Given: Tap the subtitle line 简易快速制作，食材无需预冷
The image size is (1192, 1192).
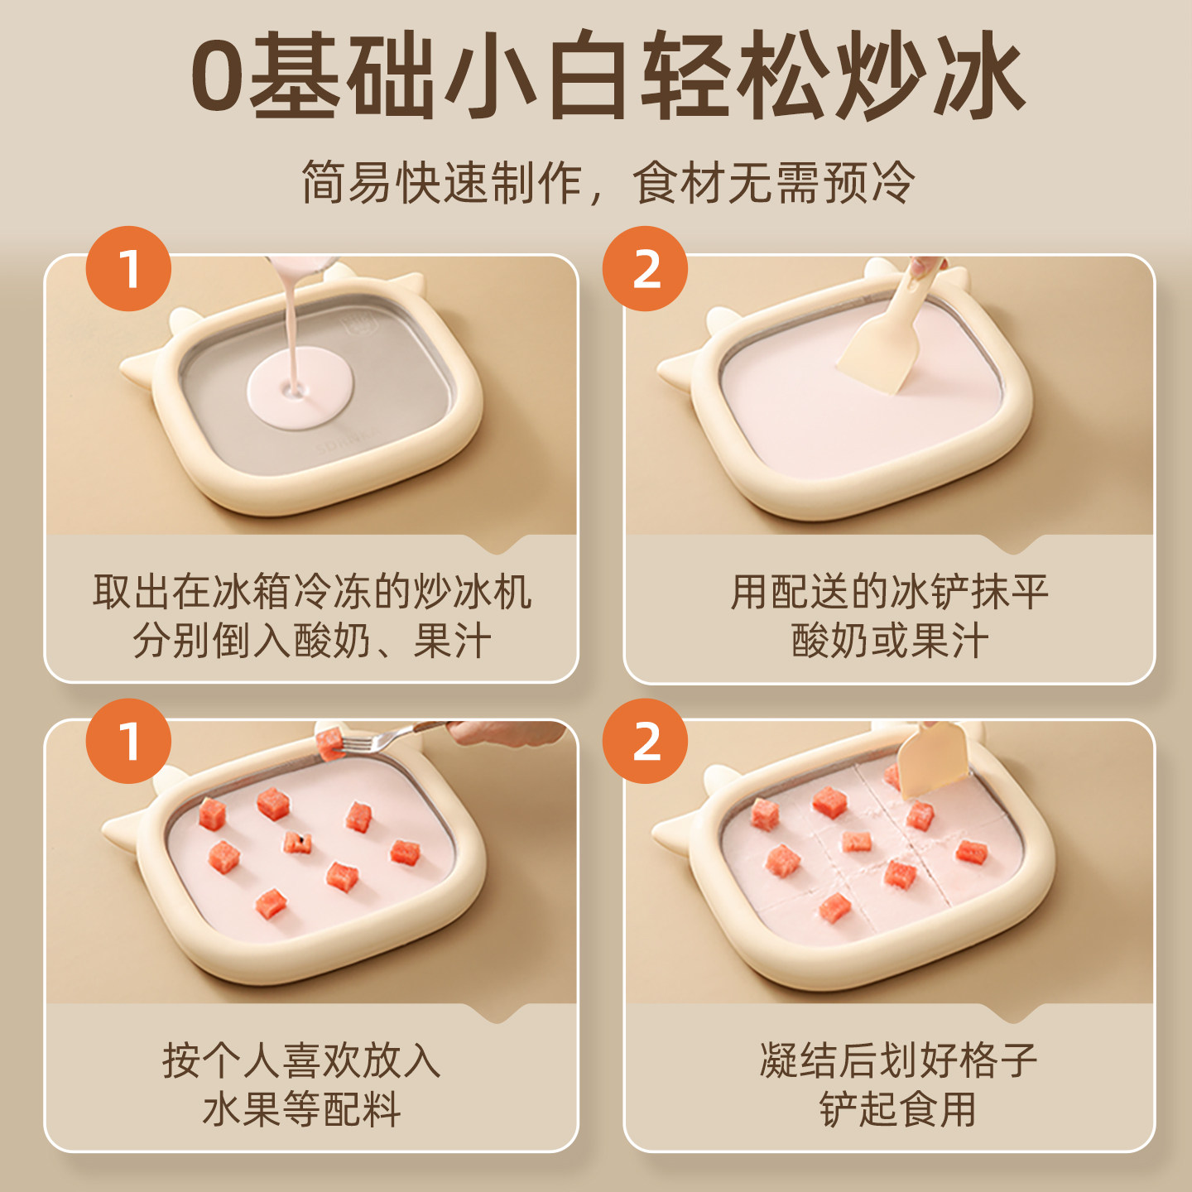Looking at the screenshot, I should pyautogui.click(x=608, y=182).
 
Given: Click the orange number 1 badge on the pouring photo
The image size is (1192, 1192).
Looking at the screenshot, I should pyautogui.click(x=128, y=269).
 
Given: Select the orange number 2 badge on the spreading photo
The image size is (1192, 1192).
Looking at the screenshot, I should pyautogui.click(x=645, y=269).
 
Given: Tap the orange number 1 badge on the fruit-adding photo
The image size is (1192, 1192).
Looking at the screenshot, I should pyautogui.click(x=128, y=741).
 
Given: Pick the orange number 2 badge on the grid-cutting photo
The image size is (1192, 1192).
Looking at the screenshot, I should pyautogui.click(x=645, y=741).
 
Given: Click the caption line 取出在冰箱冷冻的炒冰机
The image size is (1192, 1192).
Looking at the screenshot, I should pyautogui.click(x=311, y=592).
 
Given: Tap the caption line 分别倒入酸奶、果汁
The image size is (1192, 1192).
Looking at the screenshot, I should pyautogui.click(x=311, y=641).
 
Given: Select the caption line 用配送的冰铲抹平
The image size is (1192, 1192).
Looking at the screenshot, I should pyautogui.click(x=889, y=592).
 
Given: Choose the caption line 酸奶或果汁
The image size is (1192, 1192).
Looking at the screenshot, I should pyautogui.click(x=889, y=641).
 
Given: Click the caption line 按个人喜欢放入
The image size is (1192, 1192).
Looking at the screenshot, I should pyautogui.click(x=301, y=1060).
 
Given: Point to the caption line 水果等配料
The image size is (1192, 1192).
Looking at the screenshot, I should pyautogui.click(x=301, y=1109).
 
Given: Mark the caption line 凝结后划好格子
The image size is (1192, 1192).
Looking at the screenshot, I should pyautogui.click(x=898, y=1060).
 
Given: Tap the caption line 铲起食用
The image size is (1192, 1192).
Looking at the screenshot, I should pyautogui.click(x=898, y=1109).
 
